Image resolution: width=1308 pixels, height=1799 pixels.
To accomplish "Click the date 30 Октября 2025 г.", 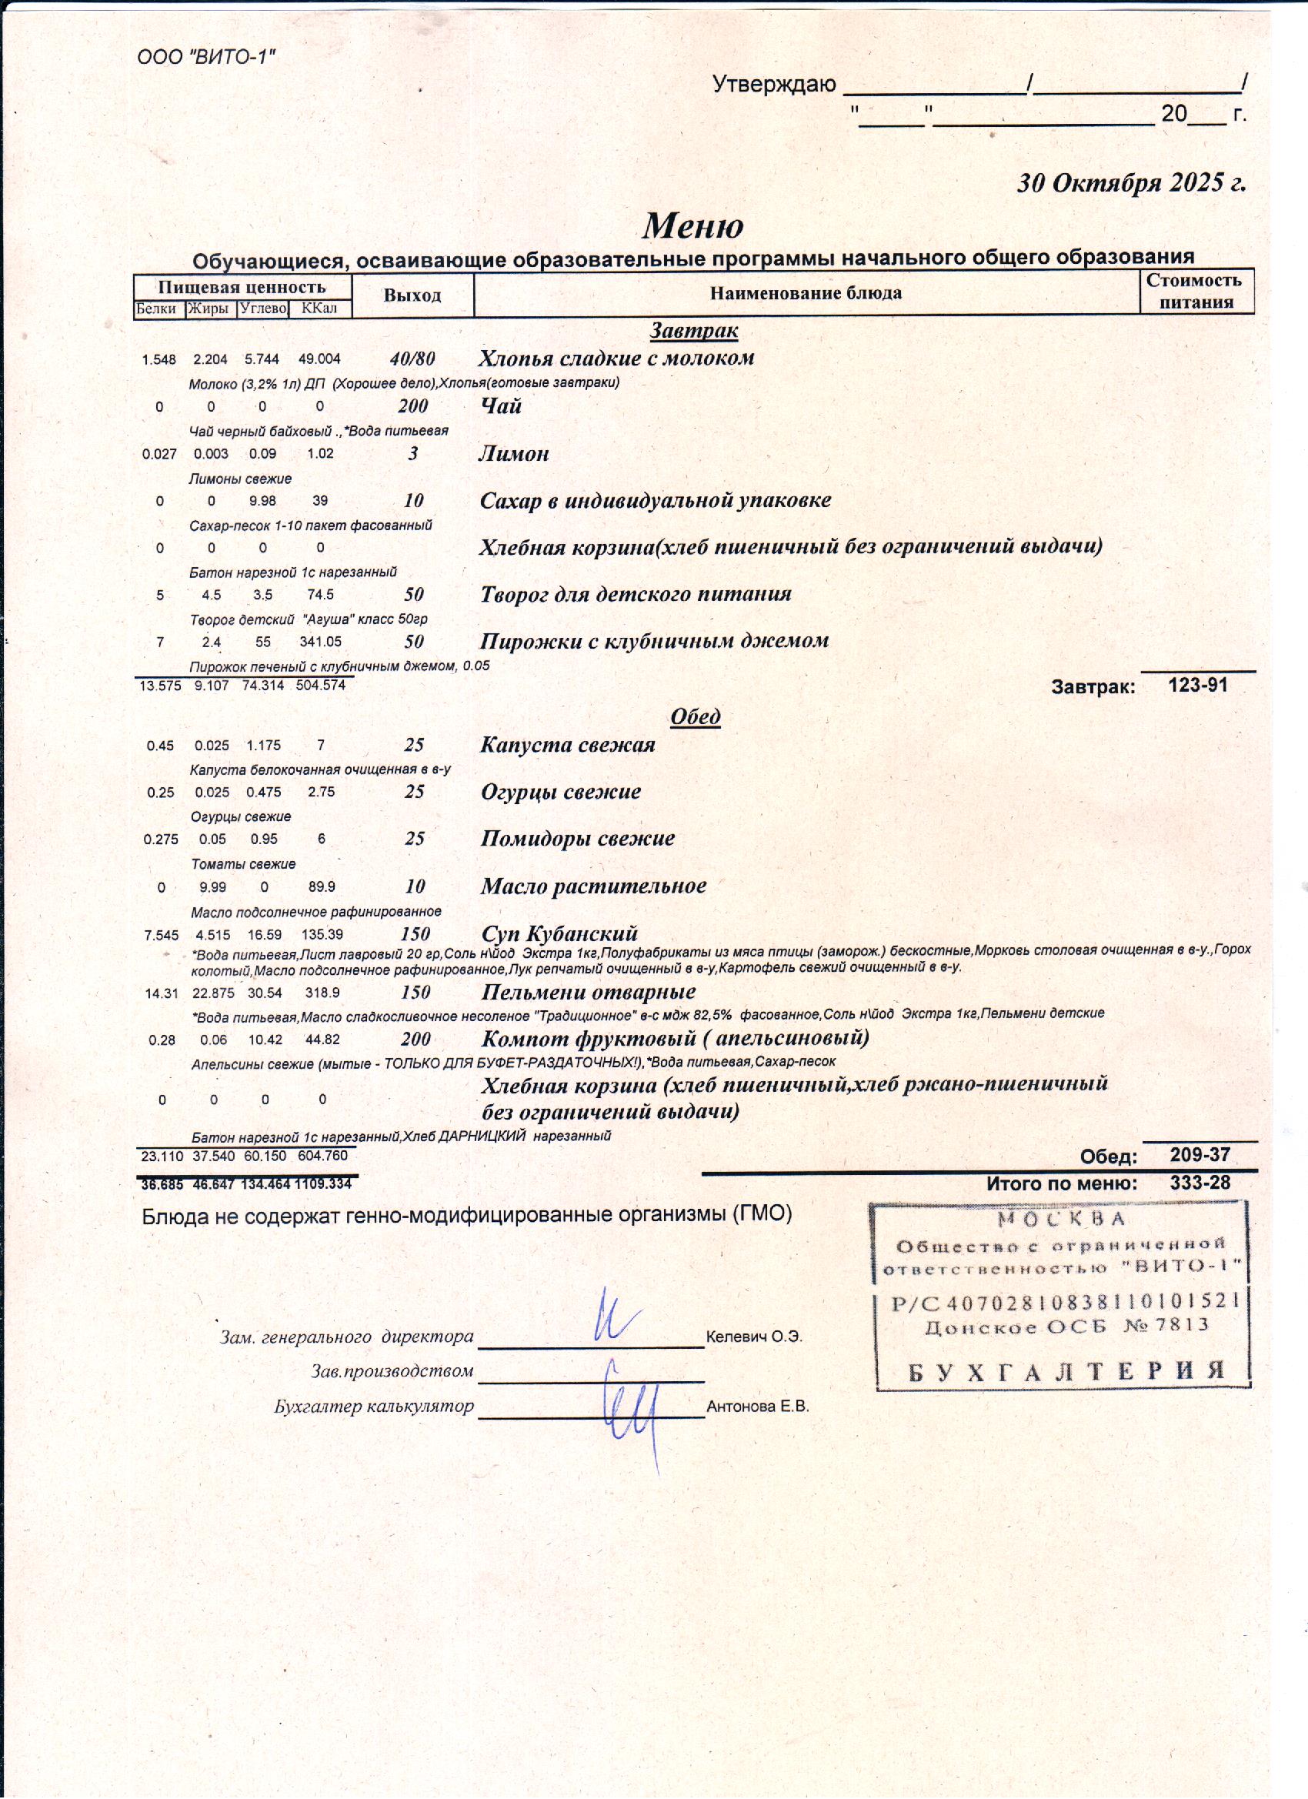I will tap(1131, 183).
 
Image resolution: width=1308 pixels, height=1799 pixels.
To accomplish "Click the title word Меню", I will tap(692, 226).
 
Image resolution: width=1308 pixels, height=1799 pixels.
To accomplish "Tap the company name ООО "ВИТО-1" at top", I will tap(206, 57).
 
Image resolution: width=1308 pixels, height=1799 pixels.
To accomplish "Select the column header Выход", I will tap(412, 295).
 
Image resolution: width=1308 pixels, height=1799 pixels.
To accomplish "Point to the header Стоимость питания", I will tap(1196, 290).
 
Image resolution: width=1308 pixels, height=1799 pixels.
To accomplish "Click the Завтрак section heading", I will tap(694, 329).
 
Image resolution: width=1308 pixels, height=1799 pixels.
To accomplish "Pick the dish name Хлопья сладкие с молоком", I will tap(616, 358).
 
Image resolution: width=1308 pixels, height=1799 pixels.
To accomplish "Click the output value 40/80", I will tap(412, 359).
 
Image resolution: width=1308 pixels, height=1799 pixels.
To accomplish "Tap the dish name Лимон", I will tap(514, 454).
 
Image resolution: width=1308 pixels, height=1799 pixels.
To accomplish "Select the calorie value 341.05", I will tap(320, 642).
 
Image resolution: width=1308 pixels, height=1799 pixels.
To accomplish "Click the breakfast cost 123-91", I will tap(1198, 685).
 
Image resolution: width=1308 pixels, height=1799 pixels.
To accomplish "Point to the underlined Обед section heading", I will tap(695, 716).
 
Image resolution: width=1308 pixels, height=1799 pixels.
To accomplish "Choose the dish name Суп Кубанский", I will tap(559, 933).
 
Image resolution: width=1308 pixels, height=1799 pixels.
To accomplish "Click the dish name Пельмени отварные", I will tap(588, 993).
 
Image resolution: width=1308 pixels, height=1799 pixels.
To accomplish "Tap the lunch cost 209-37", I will tap(1200, 1156).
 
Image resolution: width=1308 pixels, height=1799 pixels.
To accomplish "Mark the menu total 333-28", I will tap(1200, 1183).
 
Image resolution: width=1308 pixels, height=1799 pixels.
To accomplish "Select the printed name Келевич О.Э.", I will tap(754, 1337).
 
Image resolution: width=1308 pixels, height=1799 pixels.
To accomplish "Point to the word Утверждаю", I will tap(773, 85).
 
